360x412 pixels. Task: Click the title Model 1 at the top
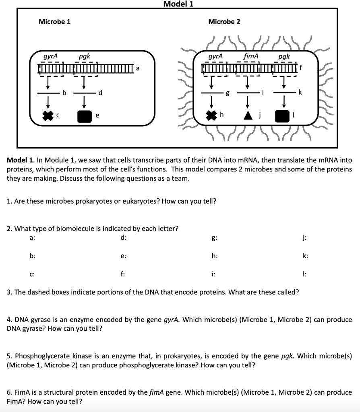click(178, 4)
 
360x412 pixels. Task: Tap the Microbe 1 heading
click(54, 22)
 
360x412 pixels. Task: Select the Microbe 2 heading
click(224, 22)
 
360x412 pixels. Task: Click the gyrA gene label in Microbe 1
click(51, 57)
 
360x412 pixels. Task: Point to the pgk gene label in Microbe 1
click(84, 57)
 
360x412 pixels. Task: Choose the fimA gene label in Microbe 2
click(251, 57)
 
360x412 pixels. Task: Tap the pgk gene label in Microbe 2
click(284, 57)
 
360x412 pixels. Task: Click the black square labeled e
click(85, 116)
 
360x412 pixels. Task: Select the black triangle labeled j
click(248, 115)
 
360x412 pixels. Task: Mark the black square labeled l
click(281, 115)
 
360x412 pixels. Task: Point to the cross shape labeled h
click(211, 115)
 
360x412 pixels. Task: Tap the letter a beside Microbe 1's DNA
click(138, 68)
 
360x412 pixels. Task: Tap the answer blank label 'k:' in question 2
click(306, 256)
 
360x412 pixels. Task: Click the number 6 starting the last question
click(9, 392)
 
